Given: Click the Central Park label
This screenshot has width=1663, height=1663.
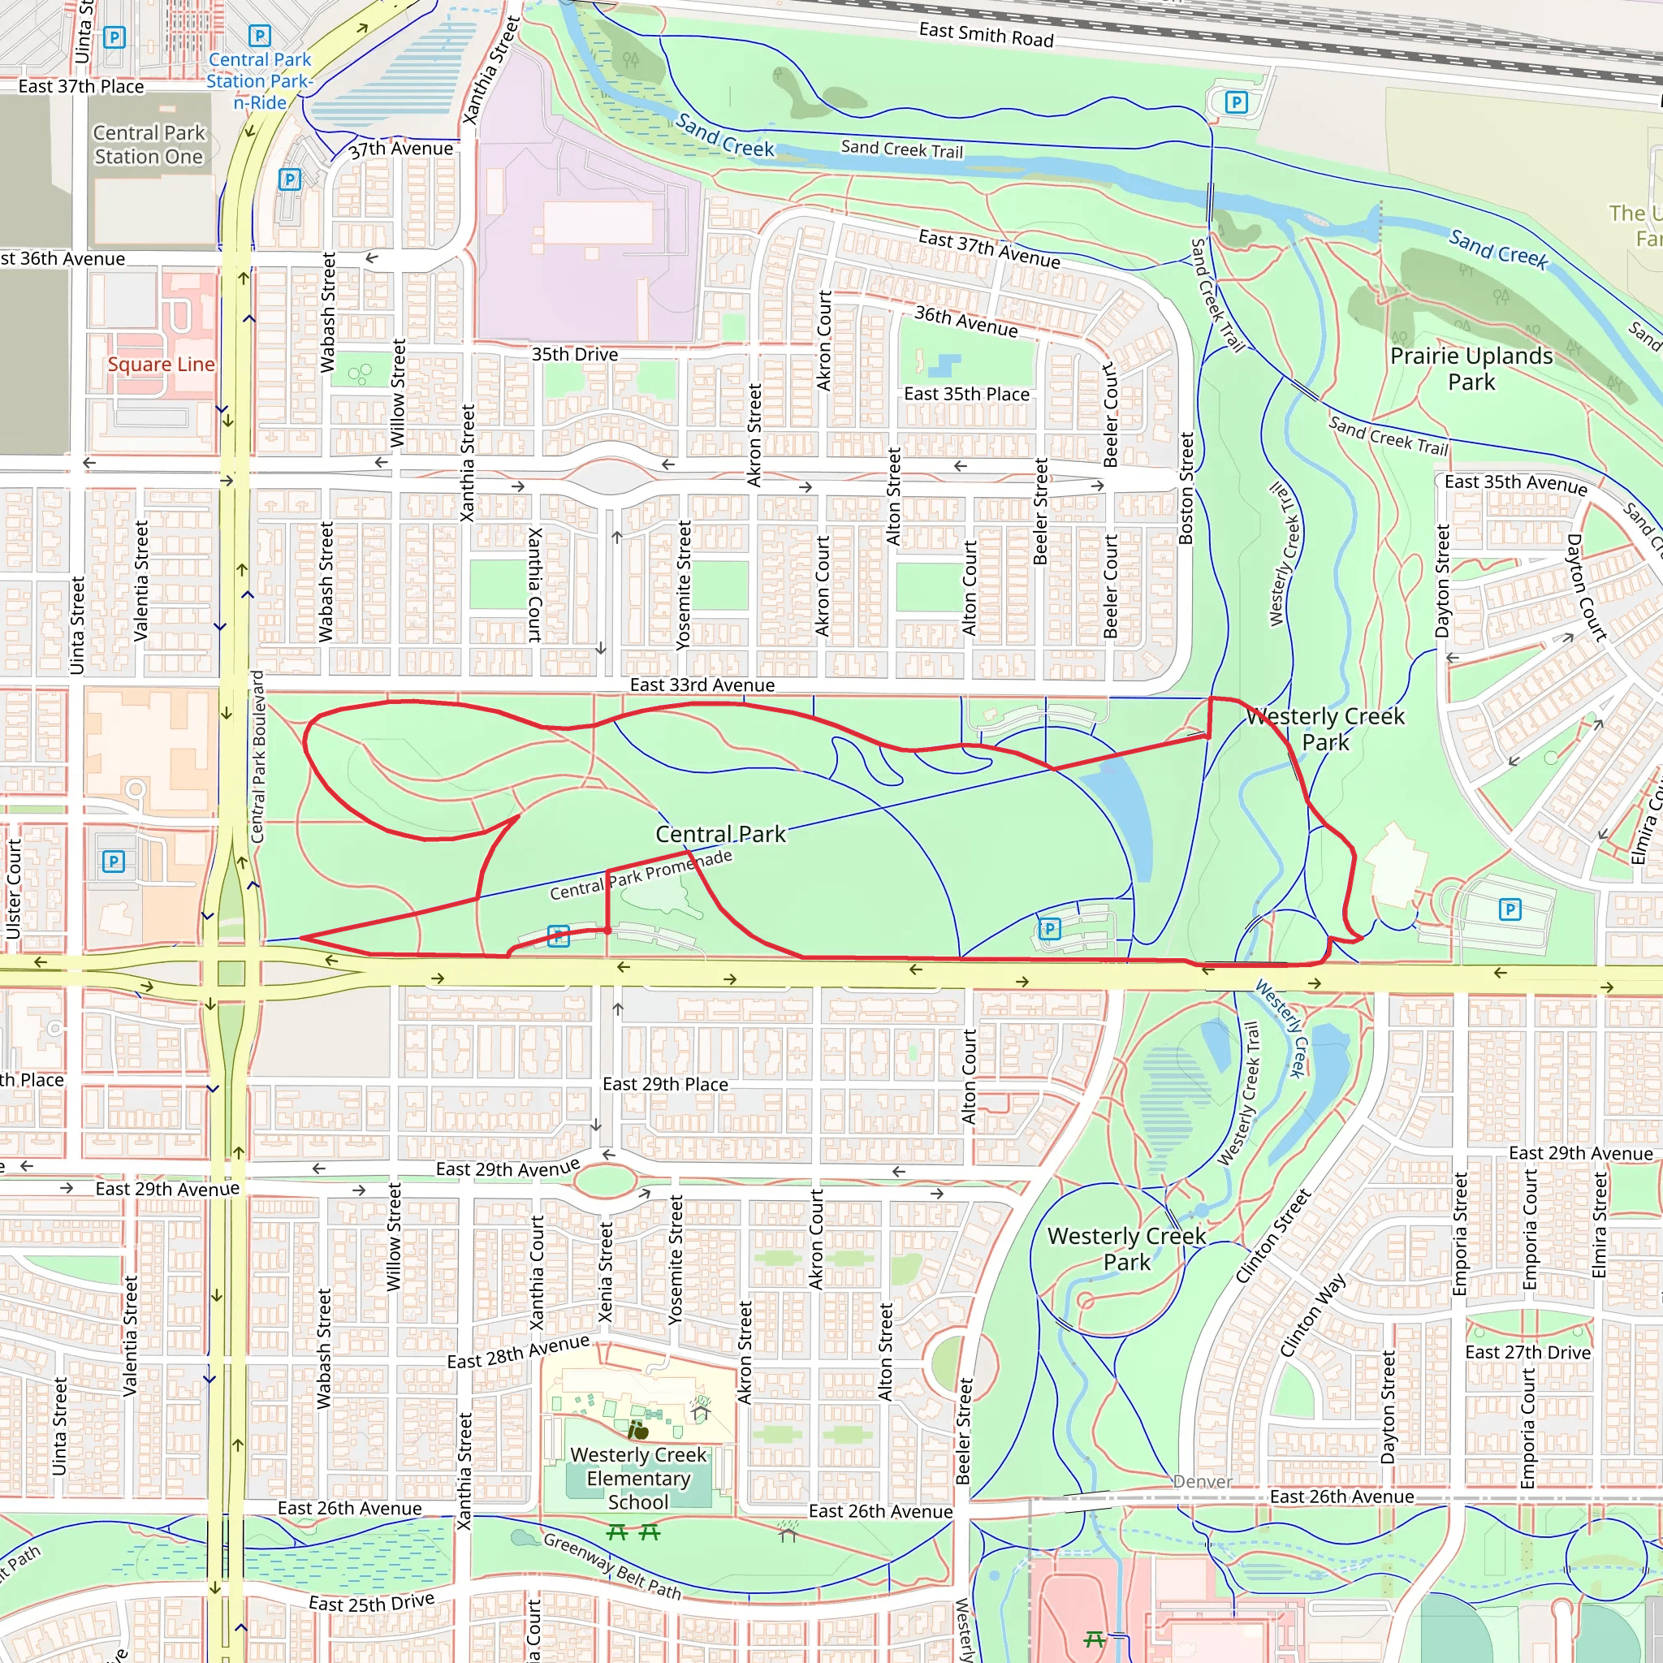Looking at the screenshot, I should [x=720, y=834].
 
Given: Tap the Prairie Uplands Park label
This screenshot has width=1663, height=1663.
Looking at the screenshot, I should [x=1471, y=369].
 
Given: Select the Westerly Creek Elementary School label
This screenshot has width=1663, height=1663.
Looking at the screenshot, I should [x=637, y=1478].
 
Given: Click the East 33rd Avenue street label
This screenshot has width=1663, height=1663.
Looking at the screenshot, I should [x=702, y=685].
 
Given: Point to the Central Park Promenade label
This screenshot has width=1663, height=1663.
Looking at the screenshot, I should [x=641, y=875].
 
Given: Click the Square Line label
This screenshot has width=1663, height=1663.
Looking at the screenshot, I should [x=161, y=364].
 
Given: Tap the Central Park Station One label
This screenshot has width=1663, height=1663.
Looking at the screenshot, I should [x=149, y=145].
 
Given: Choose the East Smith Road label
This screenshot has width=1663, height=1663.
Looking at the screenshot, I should [x=986, y=35].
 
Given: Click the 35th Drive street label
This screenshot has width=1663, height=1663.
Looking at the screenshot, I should [x=574, y=355].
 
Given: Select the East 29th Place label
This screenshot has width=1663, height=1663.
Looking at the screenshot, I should [x=664, y=1085].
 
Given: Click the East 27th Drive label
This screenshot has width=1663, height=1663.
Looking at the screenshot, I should [x=1527, y=1352].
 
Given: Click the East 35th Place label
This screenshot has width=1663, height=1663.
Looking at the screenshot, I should [x=965, y=394].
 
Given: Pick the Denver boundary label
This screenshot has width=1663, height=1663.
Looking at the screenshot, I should [x=1203, y=1481].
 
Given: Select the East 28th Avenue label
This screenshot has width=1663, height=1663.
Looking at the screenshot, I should [x=518, y=1351].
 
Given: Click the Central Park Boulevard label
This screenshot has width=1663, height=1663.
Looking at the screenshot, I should [x=257, y=757].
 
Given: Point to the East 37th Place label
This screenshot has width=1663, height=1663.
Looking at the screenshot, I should [x=81, y=86].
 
